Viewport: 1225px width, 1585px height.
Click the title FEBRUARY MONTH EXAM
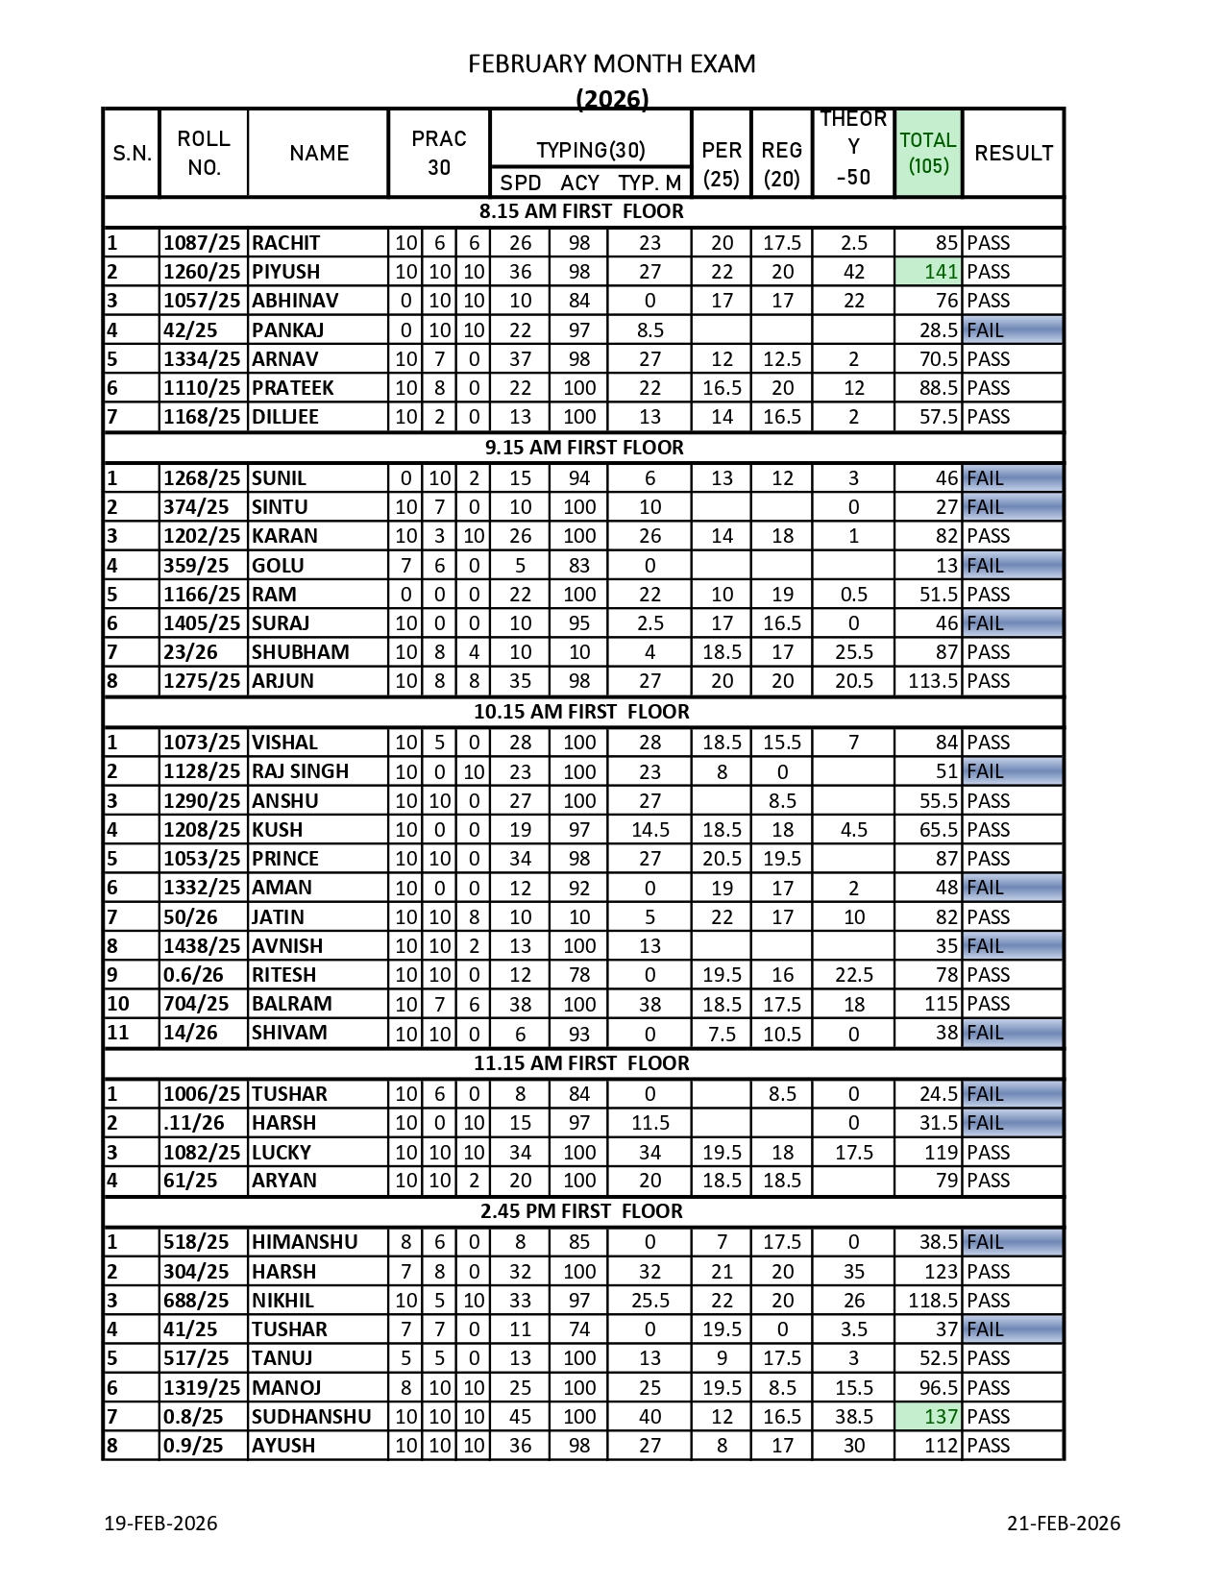(611, 64)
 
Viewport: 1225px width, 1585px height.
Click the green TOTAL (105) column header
(927, 153)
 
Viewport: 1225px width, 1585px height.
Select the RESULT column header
(1013, 153)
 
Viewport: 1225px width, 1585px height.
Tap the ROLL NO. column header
(204, 153)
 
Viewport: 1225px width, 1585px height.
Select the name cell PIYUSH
(285, 272)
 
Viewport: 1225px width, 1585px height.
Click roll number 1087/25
(202, 243)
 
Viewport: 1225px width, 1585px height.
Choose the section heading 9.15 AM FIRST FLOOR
(583, 448)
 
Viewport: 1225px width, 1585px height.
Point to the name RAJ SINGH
(300, 771)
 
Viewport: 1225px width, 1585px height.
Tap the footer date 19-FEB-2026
(160, 1524)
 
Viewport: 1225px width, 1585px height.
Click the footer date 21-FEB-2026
(1064, 1524)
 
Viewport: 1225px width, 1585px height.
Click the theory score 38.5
(853, 1417)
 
